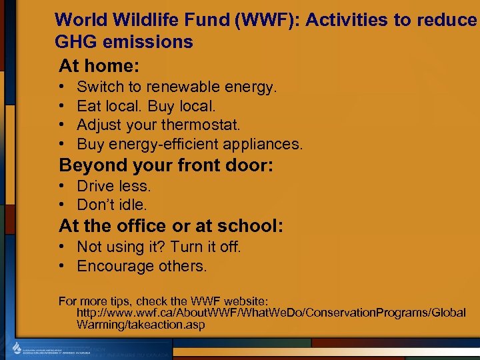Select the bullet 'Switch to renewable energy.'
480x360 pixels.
pos(177,87)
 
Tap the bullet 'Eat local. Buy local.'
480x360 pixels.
pos(146,106)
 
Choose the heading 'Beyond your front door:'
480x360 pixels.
pos(166,165)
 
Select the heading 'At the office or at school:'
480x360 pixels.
pos(171,226)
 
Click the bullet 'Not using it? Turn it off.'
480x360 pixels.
pos(159,247)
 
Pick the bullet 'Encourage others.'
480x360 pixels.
pos(142,266)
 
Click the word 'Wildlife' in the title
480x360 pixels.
pos(144,19)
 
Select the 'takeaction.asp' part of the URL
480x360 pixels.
pos(165,325)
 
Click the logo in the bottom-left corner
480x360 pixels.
pos(17,349)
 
